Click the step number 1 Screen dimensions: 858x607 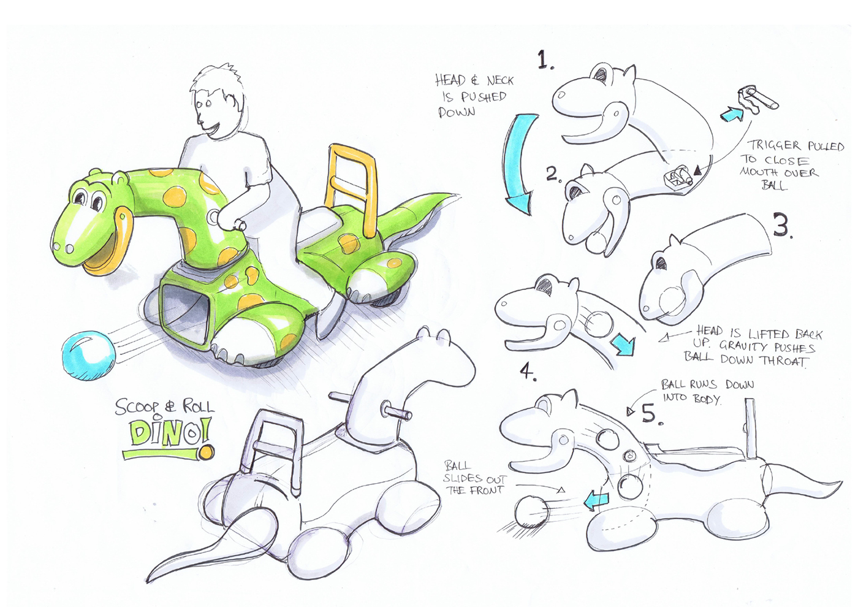click(x=545, y=61)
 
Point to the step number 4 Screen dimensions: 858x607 click(x=528, y=371)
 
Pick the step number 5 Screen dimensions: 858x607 click(x=651, y=414)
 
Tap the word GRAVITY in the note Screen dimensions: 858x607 click(x=743, y=346)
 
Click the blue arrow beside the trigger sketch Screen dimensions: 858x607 click(x=732, y=114)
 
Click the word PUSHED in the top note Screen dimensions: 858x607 click(x=484, y=97)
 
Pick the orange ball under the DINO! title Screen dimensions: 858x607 click(x=206, y=452)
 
